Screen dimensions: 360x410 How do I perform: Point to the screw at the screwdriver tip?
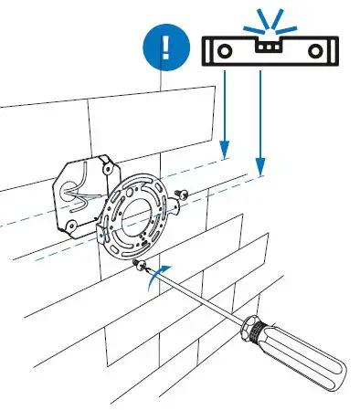tap(138, 265)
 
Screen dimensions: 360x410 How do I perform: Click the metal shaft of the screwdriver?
tap(196, 291)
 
